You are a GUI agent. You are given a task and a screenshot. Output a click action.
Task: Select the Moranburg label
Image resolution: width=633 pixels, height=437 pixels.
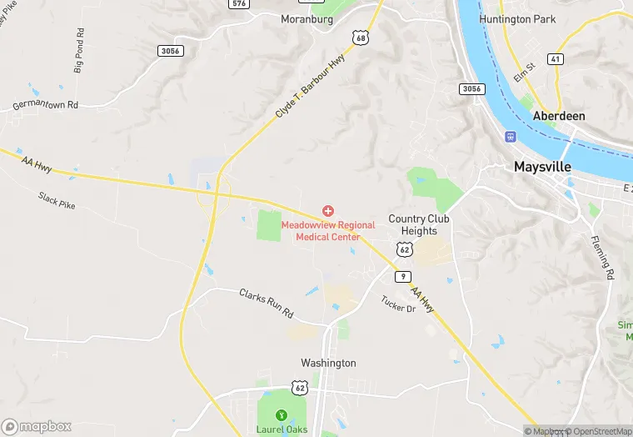[307, 18]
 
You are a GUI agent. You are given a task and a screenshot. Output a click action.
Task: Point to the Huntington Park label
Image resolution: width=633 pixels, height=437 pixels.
[516, 18]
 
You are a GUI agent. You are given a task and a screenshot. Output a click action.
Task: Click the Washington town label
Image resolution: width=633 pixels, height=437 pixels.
[328, 363]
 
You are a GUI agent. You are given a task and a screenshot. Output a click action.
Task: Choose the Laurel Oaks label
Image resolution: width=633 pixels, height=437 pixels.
[282, 429]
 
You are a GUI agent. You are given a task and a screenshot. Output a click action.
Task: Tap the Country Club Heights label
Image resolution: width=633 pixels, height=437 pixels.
[419, 225]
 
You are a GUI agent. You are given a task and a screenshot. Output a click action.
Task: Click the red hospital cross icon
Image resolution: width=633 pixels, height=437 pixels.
[328, 211]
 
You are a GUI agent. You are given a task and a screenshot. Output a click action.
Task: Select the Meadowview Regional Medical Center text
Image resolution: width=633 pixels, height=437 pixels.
[328, 231]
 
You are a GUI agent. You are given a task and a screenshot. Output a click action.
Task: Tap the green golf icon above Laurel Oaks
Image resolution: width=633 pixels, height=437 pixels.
[282, 414]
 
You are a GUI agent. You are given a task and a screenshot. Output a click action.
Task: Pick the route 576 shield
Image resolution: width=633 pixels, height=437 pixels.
[240, 3]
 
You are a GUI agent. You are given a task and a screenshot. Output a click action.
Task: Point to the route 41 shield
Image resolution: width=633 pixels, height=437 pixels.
[555, 58]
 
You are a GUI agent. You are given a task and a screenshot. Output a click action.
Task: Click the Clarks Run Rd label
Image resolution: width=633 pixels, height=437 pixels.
[267, 302]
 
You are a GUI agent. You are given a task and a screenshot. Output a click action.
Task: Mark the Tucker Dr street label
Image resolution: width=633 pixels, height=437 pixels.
[398, 304]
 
